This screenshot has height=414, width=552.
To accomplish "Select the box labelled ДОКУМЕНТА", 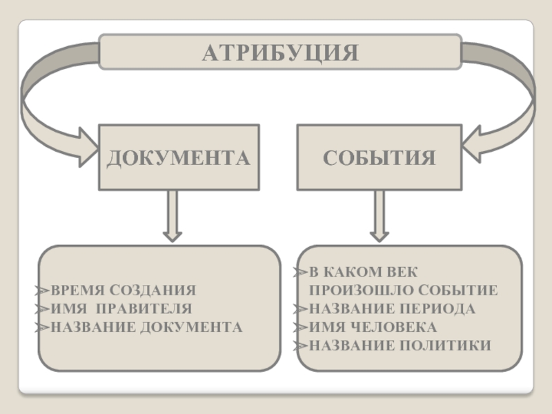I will point(179,157).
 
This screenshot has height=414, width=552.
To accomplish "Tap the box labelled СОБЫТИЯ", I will point(379,157).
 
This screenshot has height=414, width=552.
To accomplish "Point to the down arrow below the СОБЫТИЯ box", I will point(379,216).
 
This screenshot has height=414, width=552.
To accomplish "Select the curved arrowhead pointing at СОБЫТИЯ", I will point(476,146).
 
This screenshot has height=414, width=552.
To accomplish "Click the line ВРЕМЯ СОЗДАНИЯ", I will point(124,290).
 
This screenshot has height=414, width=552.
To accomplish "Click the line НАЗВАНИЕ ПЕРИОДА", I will point(392,308).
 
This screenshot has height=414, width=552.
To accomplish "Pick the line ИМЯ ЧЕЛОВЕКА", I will point(373,326).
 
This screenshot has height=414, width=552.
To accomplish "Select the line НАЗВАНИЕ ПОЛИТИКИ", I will point(400,344).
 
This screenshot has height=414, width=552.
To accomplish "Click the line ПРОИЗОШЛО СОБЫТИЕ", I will point(404,290).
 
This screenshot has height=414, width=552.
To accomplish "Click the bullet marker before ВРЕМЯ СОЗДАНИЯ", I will point(43,290).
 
